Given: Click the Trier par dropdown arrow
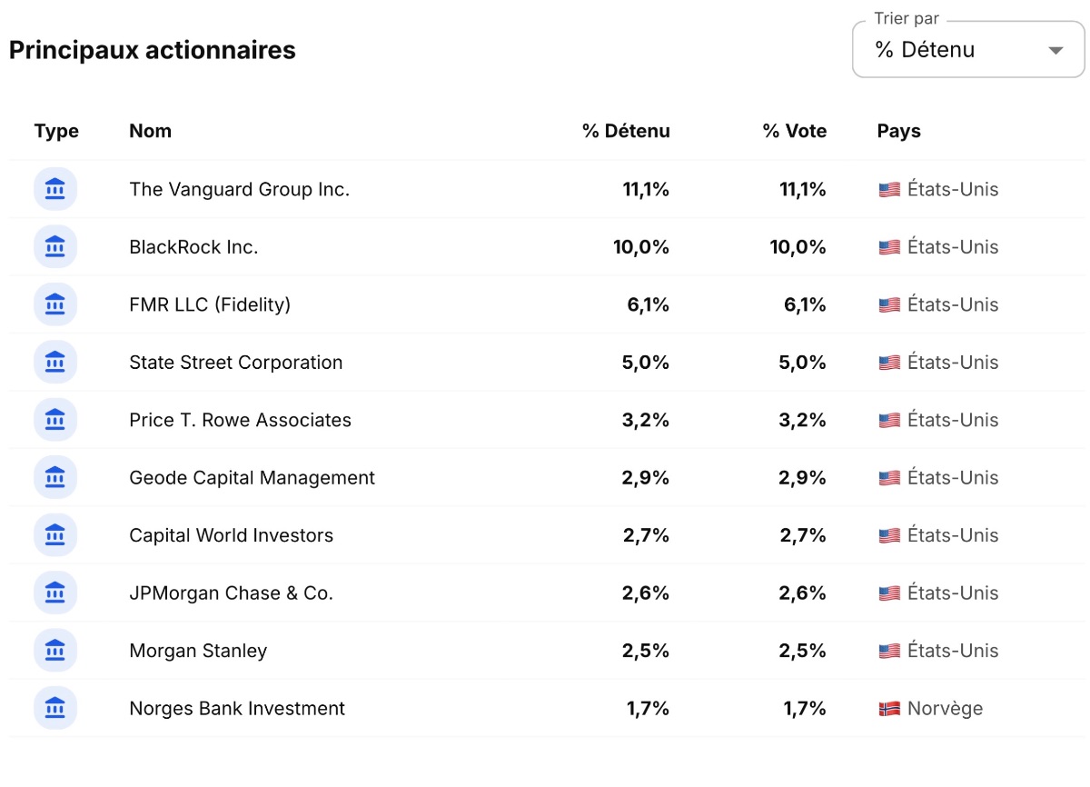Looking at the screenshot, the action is (1055, 51).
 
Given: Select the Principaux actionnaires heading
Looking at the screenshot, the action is (153, 50).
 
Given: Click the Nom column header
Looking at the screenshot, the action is (151, 131).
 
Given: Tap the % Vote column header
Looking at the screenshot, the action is (795, 131).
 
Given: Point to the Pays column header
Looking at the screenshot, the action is (898, 132).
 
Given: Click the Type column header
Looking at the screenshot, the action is (56, 132).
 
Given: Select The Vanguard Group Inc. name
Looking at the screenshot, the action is (240, 189).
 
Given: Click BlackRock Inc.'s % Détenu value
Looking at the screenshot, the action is (641, 247).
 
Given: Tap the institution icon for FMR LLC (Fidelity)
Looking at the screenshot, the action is (55, 304).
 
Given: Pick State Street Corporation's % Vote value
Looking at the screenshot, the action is (802, 363).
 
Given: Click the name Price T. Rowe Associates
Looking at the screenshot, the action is (240, 420).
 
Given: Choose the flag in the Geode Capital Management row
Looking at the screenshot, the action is (889, 478).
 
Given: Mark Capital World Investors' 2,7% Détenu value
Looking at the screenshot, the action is (646, 535).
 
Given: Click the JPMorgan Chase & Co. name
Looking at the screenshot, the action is (231, 593).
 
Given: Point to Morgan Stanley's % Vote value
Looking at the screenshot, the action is (802, 651).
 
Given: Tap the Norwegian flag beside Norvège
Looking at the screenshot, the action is (889, 709).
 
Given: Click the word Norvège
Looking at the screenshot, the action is (945, 709).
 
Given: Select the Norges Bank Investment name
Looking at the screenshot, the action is (237, 709).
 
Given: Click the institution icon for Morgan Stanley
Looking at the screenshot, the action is (55, 651).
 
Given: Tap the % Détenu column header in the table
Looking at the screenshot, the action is (626, 131).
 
